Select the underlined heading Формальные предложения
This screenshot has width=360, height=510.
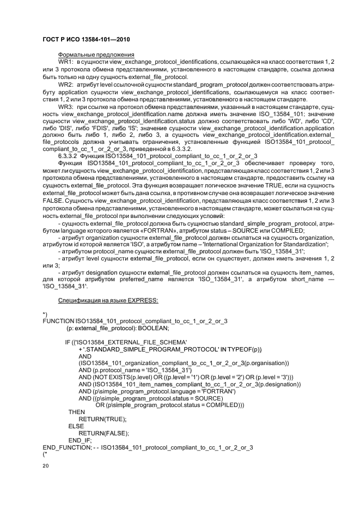[96, 56]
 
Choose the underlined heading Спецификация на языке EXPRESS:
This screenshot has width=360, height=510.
[108, 301]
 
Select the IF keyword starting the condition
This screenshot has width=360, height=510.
[68, 342]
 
